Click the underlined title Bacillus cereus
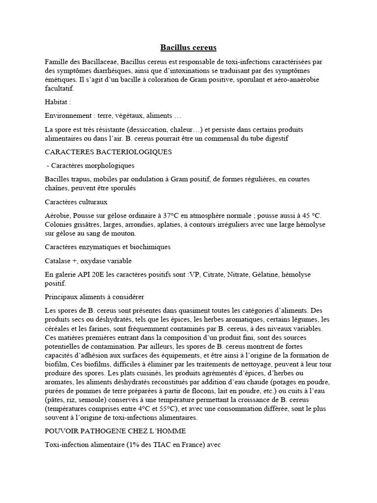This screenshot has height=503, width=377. coord(188,48)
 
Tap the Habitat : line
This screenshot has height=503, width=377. coord(57,102)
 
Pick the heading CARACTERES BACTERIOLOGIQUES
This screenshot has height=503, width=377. coord(108,152)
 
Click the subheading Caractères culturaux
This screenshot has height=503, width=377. coord(76,202)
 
